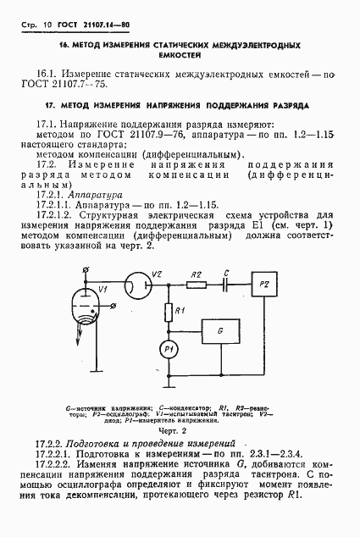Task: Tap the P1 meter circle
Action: pyautogui.click(x=168, y=349)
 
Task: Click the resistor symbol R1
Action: pyautogui.click(x=168, y=313)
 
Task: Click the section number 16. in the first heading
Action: pyautogui.click(x=64, y=42)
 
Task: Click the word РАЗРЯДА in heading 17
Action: pyautogui.click(x=286, y=106)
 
